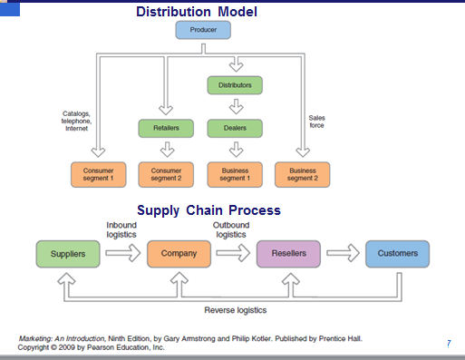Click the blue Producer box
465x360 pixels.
203,30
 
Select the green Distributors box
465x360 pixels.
235,85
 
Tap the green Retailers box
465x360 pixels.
165,128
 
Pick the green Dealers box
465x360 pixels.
235,128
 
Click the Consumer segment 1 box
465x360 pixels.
97,174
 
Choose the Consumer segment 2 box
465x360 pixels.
165,174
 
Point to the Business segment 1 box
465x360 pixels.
235,174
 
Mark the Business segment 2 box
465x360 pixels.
303,174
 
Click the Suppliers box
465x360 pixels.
68,254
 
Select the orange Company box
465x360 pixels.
179,254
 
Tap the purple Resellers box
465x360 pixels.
288,254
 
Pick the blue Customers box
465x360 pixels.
396,254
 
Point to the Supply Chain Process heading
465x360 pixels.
208,210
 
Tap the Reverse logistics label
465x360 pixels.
235,309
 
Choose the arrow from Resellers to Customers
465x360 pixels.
343,254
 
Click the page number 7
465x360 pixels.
449,344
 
